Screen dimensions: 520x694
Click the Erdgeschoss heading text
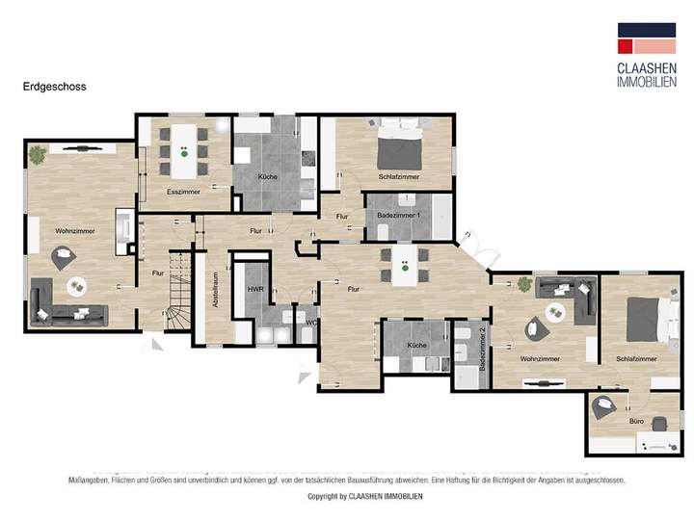click(x=55, y=87)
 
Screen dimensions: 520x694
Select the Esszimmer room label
click(x=183, y=193)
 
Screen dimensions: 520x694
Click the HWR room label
click(x=255, y=289)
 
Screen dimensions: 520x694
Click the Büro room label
click(x=636, y=422)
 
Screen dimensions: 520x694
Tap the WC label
click(x=310, y=323)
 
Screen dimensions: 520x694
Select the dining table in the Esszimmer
click(x=183, y=152)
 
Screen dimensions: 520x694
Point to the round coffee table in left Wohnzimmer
click(x=75, y=286)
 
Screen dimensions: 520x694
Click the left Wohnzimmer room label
click(x=73, y=232)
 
